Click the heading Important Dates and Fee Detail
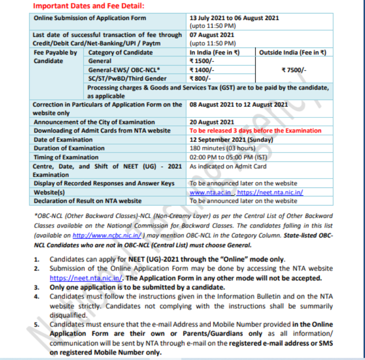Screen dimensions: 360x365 coord(88,6)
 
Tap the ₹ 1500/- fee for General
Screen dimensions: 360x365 coord(202,60)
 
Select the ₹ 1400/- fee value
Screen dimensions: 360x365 coord(202,69)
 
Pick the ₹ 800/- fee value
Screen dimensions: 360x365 coord(200,78)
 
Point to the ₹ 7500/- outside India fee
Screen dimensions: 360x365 coord(294,69)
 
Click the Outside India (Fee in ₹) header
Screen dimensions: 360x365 coord(292,52)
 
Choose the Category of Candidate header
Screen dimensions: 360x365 coord(120,52)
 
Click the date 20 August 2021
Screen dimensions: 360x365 coord(212,122)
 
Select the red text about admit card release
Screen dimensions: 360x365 coord(255,130)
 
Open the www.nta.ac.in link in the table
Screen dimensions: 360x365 coord(210,192)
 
